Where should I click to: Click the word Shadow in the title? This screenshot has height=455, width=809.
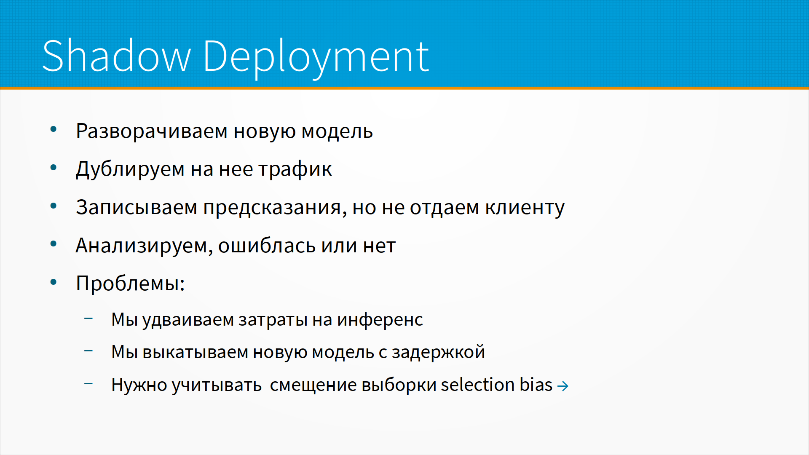click(x=117, y=56)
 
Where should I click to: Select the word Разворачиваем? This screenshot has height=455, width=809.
click(x=152, y=132)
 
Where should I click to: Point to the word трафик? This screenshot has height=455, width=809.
click(x=295, y=169)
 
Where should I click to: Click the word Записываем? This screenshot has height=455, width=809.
click(x=137, y=207)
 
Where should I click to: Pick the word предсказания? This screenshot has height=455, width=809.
click(x=275, y=208)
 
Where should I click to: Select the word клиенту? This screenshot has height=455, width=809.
click(x=525, y=208)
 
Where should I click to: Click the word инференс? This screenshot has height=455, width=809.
click(x=380, y=320)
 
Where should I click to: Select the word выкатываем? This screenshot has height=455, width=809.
click(x=195, y=353)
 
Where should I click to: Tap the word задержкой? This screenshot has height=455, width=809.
click(x=438, y=352)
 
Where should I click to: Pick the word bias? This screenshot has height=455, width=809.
click(x=536, y=385)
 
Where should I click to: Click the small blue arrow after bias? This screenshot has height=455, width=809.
click(x=563, y=386)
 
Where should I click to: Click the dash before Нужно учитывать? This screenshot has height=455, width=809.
click(x=88, y=383)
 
